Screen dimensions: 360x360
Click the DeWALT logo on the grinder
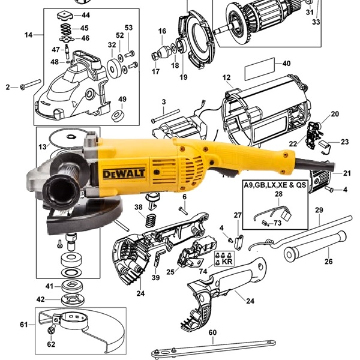[124, 173]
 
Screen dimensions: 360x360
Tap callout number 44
[86, 15]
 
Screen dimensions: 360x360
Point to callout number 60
[212, 332]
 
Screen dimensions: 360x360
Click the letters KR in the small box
[227, 261]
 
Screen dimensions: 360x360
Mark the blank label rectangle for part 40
[260, 69]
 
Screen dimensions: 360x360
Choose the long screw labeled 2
[31, 84]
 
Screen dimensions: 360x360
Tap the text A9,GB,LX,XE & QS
[275, 185]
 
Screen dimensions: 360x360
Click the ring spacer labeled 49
[118, 115]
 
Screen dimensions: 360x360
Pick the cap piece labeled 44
[65, 16]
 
